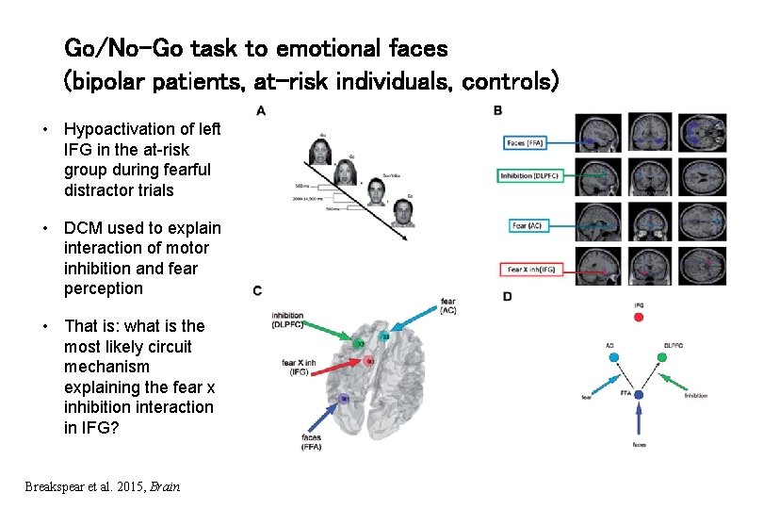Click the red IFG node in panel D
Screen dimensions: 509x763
pyautogui.click(x=639, y=318)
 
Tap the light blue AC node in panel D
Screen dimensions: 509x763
pyautogui.click(x=611, y=358)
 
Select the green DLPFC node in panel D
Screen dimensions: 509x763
pyautogui.click(x=667, y=358)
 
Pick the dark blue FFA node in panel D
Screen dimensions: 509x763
pyautogui.click(x=639, y=394)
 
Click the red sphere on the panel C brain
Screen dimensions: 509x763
pyautogui.click(x=370, y=361)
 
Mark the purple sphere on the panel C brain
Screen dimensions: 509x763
pyautogui.click(x=345, y=400)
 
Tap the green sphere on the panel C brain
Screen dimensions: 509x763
pyautogui.click(x=359, y=343)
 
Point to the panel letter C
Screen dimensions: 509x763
pyautogui.click(x=258, y=291)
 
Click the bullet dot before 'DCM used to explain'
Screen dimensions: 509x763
pyautogui.click(x=44, y=229)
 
